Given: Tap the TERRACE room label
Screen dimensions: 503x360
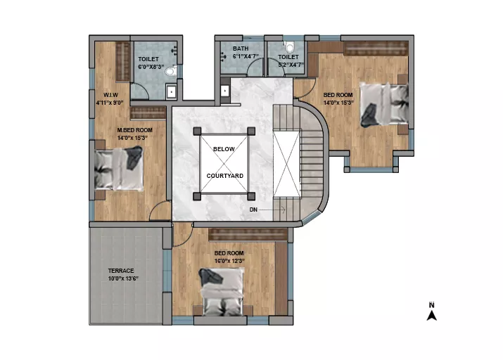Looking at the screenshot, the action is (x=121, y=271).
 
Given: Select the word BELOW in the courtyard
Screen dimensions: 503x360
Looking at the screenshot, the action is (x=224, y=149).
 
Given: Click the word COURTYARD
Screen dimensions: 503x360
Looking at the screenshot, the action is (x=225, y=176).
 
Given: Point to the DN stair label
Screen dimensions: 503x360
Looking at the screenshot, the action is (x=253, y=210).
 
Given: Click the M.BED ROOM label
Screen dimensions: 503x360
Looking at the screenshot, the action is (x=135, y=130).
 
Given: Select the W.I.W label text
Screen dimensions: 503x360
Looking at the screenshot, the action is (x=110, y=95).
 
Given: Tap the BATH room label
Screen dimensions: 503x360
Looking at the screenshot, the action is (x=241, y=49).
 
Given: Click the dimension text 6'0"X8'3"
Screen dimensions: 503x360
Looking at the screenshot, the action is (x=151, y=67).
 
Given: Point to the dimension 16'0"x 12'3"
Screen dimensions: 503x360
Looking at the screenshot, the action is (x=229, y=261).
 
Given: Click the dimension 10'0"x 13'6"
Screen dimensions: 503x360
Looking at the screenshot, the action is (x=123, y=278).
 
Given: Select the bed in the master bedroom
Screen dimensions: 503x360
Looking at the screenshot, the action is (x=118, y=169).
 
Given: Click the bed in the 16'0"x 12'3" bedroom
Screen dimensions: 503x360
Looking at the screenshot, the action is (x=222, y=292).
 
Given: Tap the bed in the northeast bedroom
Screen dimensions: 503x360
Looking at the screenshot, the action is (x=384, y=105).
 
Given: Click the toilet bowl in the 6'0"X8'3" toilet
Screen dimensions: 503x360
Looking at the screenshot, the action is (x=172, y=71).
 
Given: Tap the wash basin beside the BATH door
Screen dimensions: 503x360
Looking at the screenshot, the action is (x=225, y=91).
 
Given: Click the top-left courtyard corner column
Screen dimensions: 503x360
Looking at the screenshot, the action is (x=197, y=131).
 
